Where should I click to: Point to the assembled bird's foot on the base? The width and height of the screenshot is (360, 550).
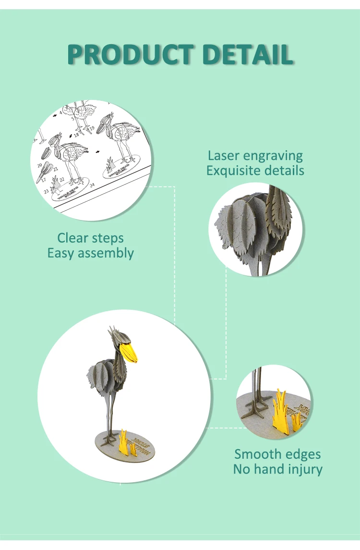109,438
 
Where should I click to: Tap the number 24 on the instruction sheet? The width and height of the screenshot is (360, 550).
92,184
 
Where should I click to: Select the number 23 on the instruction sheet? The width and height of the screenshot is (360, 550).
47,191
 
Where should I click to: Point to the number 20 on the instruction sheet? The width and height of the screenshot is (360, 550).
39,165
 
